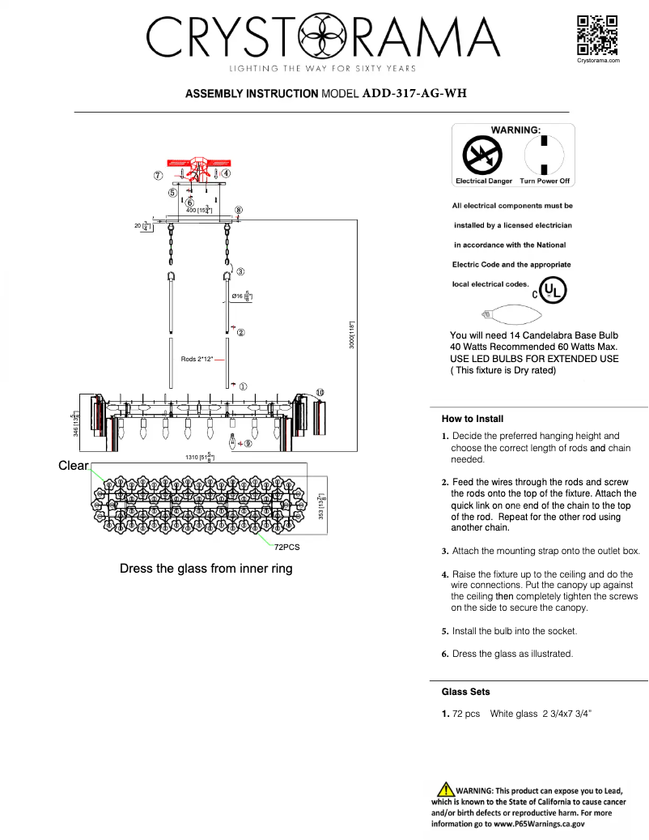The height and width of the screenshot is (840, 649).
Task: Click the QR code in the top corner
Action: (x=598, y=35)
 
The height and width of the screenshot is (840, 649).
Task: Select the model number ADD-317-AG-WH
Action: (x=414, y=93)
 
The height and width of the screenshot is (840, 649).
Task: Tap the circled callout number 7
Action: (x=159, y=175)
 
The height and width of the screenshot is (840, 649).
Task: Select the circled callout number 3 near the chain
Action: (x=240, y=271)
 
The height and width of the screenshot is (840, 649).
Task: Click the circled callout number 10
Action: (x=320, y=392)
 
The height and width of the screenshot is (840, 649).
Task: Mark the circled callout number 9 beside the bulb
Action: (x=248, y=443)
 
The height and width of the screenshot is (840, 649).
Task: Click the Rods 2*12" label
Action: (x=197, y=358)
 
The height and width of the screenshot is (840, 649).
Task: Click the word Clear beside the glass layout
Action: (x=73, y=466)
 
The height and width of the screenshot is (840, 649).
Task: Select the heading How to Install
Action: (x=473, y=419)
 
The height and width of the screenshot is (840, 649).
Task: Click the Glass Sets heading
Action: (x=465, y=692)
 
